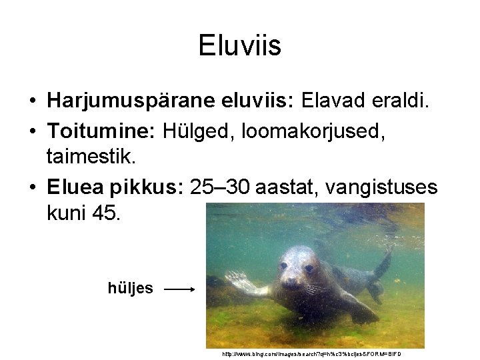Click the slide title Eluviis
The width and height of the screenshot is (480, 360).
coord(240,46)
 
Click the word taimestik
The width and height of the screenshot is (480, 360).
coord(91,157)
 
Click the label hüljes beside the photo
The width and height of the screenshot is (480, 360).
coord(131,289)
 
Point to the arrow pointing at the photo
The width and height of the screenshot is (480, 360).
coord(179,289)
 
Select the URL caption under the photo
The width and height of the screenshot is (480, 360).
coord(312,354)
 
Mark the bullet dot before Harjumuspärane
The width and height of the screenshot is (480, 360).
coord(32,101)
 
